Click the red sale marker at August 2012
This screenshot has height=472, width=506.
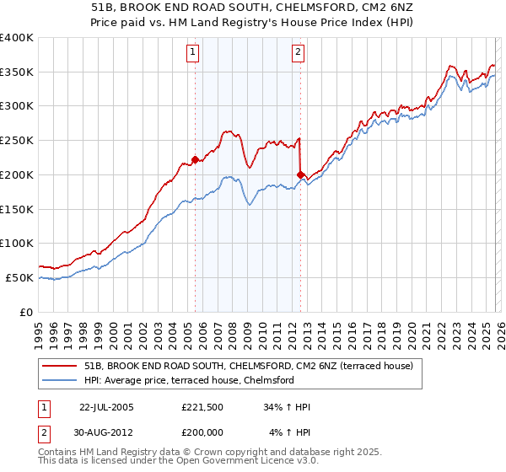click(x=300, y=174)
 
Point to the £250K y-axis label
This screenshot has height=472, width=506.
click(x=17, y=141)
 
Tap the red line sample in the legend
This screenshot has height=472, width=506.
click(x=60, y=366)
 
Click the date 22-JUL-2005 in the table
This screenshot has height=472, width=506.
click(x=105, y=407)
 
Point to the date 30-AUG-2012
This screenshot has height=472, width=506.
click(x=105, y=432)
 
